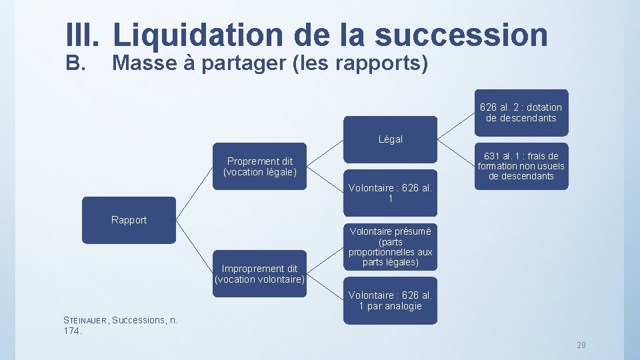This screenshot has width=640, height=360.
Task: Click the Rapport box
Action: tap(129, 220)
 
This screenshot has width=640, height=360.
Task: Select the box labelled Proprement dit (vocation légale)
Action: tap(259, 166)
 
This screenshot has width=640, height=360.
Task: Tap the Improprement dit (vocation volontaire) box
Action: tap(259, 273)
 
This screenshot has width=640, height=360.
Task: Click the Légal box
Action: tap(390, 139)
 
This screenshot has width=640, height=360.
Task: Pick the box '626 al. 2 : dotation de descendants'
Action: tap(521, 112)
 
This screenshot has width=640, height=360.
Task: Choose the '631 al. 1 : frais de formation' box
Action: tap(521, 166)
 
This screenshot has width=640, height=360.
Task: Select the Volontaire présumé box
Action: tap(390, 247)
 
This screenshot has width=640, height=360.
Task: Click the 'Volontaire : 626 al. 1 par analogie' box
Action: tap(390, 301)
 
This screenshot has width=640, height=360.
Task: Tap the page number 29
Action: tap(581, 345)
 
